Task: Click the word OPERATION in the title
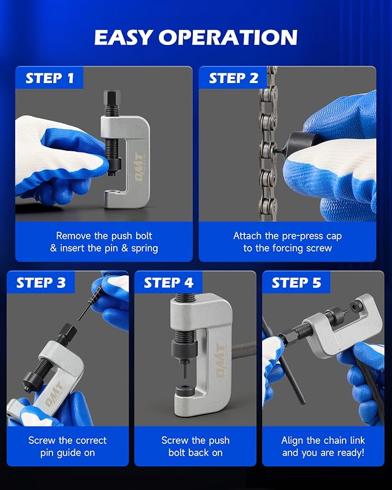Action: coord(228,38)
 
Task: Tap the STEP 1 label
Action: coord(50,78)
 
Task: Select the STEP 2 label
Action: coord(234,78)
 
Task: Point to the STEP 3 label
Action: coord(41,283)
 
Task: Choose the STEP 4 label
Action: coord(169,283)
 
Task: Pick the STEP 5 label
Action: coord(296,283)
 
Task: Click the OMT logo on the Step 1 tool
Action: coord(140,167)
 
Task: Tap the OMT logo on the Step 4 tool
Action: coord(221,360)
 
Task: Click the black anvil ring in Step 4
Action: coord(185,391)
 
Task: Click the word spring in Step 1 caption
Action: coord(144,249)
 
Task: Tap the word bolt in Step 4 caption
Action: coord(176,452)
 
